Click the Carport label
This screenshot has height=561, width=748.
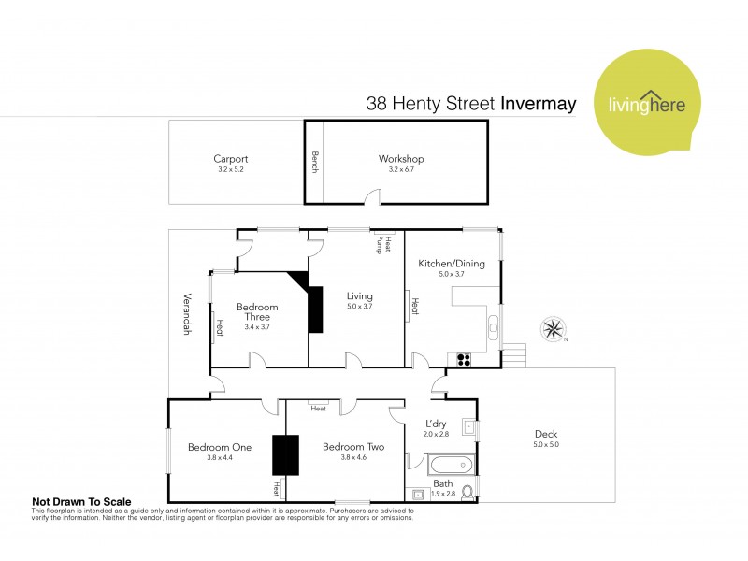pos(230,159)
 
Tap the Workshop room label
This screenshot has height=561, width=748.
pos(401,159)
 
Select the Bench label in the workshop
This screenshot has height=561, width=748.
pos(315,161)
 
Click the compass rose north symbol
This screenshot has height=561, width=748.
pos(553,329)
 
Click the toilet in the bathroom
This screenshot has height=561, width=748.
pos(468,491)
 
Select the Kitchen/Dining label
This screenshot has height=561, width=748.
pos(453,264)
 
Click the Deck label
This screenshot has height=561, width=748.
pos(546,434)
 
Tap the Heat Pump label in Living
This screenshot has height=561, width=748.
pos(384,243)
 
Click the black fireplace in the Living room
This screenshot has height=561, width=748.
pos(316,309)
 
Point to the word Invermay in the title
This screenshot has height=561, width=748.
pos(538,104)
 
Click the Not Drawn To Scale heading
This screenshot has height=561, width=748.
pos(81,501)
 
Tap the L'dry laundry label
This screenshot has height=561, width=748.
pos(437,424)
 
